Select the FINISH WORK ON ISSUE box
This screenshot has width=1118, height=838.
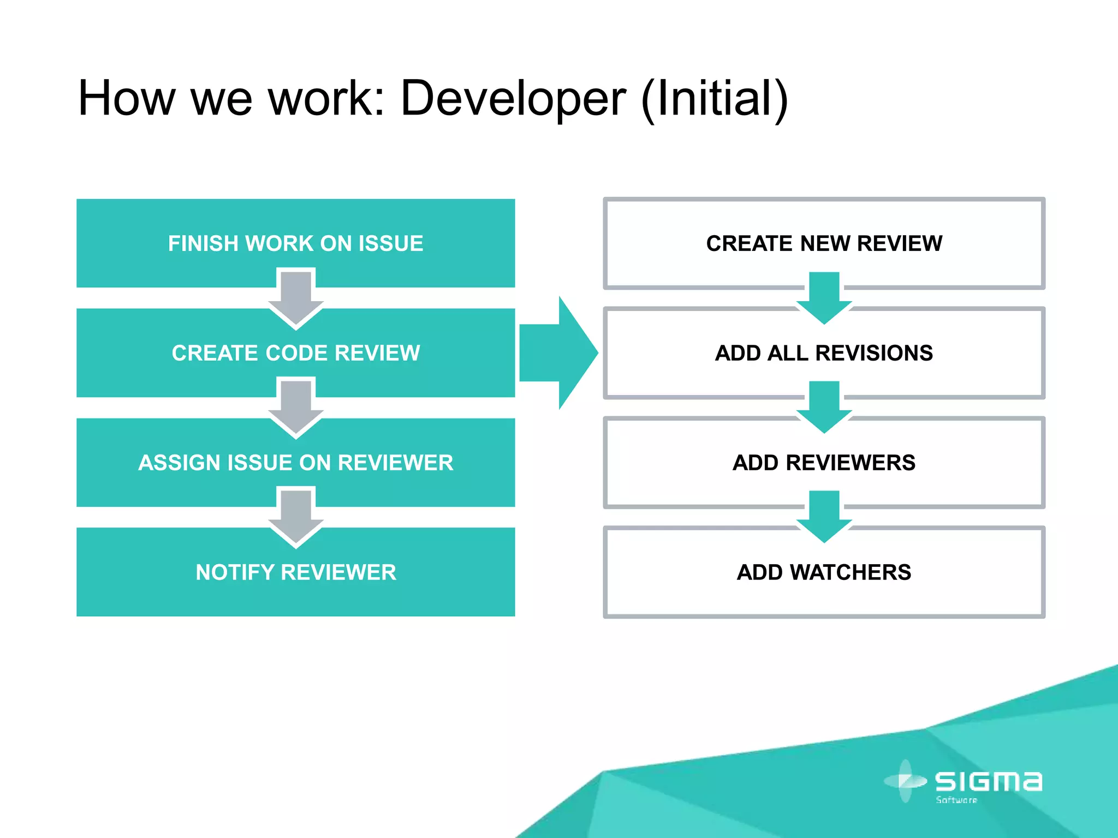(295, 243)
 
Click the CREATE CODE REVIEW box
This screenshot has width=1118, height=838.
(295, 353)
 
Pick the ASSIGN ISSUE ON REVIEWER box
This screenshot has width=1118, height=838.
(295, 463)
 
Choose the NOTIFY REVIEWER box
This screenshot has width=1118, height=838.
(295, 572)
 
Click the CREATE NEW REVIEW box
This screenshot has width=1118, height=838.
(824, 243)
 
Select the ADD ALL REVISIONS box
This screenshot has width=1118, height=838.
(824, 353)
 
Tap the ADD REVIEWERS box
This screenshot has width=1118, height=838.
(824, 463)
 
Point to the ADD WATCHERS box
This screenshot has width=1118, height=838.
(824, 572)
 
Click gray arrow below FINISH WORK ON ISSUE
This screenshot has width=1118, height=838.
(296, 298)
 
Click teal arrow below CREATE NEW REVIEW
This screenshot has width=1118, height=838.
(824, 298)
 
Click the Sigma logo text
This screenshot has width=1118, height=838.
(988, 781)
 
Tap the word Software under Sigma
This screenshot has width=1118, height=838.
(956, 800)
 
